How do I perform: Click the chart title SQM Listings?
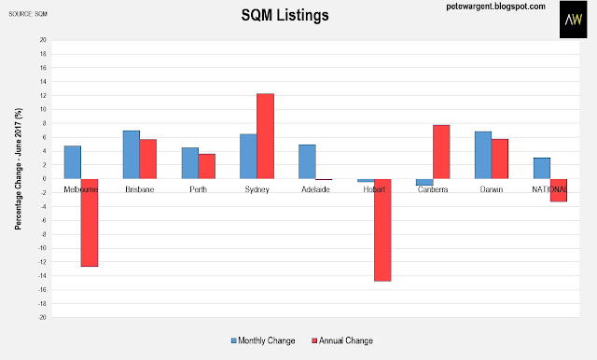[x=285, y=16]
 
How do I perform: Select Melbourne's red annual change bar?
[x=90, y=223]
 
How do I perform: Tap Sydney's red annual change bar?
[x=265, y=136]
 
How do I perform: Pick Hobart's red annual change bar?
[x=382, y=229]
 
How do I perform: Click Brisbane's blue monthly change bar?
[x=132, y=155]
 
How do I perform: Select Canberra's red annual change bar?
[x=441, y=152]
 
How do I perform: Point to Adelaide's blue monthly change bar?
[x=307, y=161]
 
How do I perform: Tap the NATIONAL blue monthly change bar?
[x=542, y=168]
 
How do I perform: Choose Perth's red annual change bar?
[x=207, y=166]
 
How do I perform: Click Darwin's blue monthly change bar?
[x=483, y=155]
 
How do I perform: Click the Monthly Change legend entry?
[x=263, y=340]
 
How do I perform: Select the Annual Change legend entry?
[x=342, y=340]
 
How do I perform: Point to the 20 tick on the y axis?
[x=43, y=40]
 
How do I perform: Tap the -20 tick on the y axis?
[x=42, y=317]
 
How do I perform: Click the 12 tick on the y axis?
[x=43, y=95]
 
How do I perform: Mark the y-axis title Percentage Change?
[x=19, y=169]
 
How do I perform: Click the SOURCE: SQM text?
[x=28, y=14]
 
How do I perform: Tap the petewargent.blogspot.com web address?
[x=495, y=7]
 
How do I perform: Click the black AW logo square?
[x=574, y=20]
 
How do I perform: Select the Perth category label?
[x=199, y=189]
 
